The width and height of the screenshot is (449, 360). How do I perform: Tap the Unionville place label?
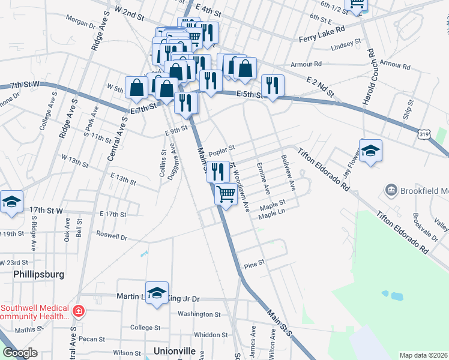click(x=175, y=350)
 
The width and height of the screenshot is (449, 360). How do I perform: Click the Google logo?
click(x=20, y=353)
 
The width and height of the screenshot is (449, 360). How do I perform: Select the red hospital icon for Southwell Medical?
click(x=77, y=311)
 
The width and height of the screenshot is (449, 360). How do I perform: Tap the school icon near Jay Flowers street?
click(x=370, y=151)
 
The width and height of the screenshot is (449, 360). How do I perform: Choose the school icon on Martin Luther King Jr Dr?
click(x=157, y=293)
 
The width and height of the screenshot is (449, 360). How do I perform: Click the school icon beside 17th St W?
click(x=11, y=203)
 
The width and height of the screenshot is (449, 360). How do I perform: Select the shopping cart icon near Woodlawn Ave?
click(x=226, y=194)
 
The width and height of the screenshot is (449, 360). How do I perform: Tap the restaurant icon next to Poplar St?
click(x=218, y=171)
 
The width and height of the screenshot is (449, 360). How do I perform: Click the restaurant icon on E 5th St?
click(x=273, y=86)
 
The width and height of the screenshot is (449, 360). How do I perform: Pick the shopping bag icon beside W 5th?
click(x=137, y=87)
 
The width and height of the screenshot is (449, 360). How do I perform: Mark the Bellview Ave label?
click(x=289, y=173)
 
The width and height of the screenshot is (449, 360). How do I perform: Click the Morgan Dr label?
click(x=80, y=26)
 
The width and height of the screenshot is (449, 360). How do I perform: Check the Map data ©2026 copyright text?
click(x=423, y=355)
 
